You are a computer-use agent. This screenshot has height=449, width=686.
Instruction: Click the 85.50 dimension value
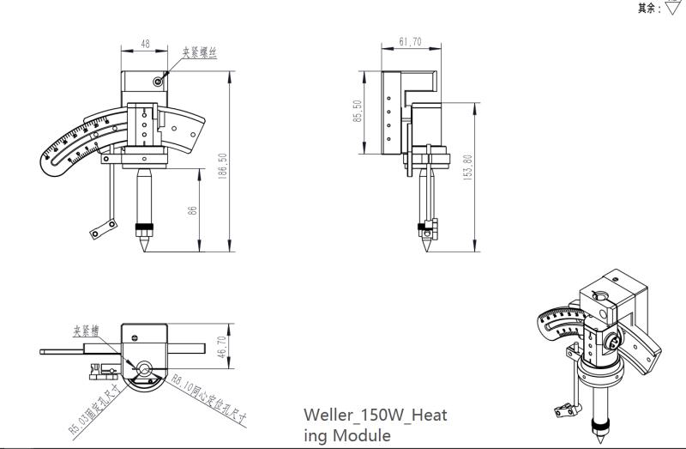pos(358,112)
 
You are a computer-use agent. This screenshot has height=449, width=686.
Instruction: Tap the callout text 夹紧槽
pos(87,330)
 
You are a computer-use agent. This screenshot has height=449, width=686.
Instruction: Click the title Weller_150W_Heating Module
pos(375,425)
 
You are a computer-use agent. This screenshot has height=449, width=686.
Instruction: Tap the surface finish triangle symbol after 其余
pos(673,9)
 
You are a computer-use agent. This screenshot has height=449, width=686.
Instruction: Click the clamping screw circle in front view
pos(159,81)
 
